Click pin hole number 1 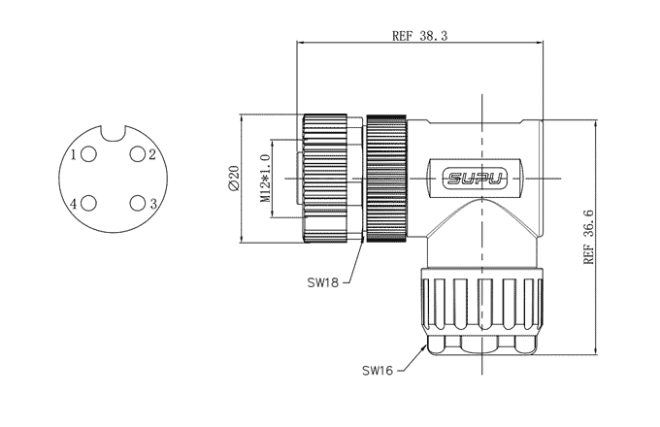pyautogui.click(x=89, y=155)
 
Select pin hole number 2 pyautogui.click(x=138, y=155)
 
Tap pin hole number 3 pyautogui.click(x=138, y=203)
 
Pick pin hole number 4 pyautogui.click(x=89, y=203)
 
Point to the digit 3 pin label pyautogui.click(x=153, y=203)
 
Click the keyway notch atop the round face pyautogui.click(x=114, y=133)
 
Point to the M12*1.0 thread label pyautogui.click(x=264, y=178)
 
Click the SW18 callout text pyautogui.click(x=323, y=283)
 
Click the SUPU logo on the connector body pyautogui.click(x=474, y=179)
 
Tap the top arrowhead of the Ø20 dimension pyautogui.click(x=242, y=118)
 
